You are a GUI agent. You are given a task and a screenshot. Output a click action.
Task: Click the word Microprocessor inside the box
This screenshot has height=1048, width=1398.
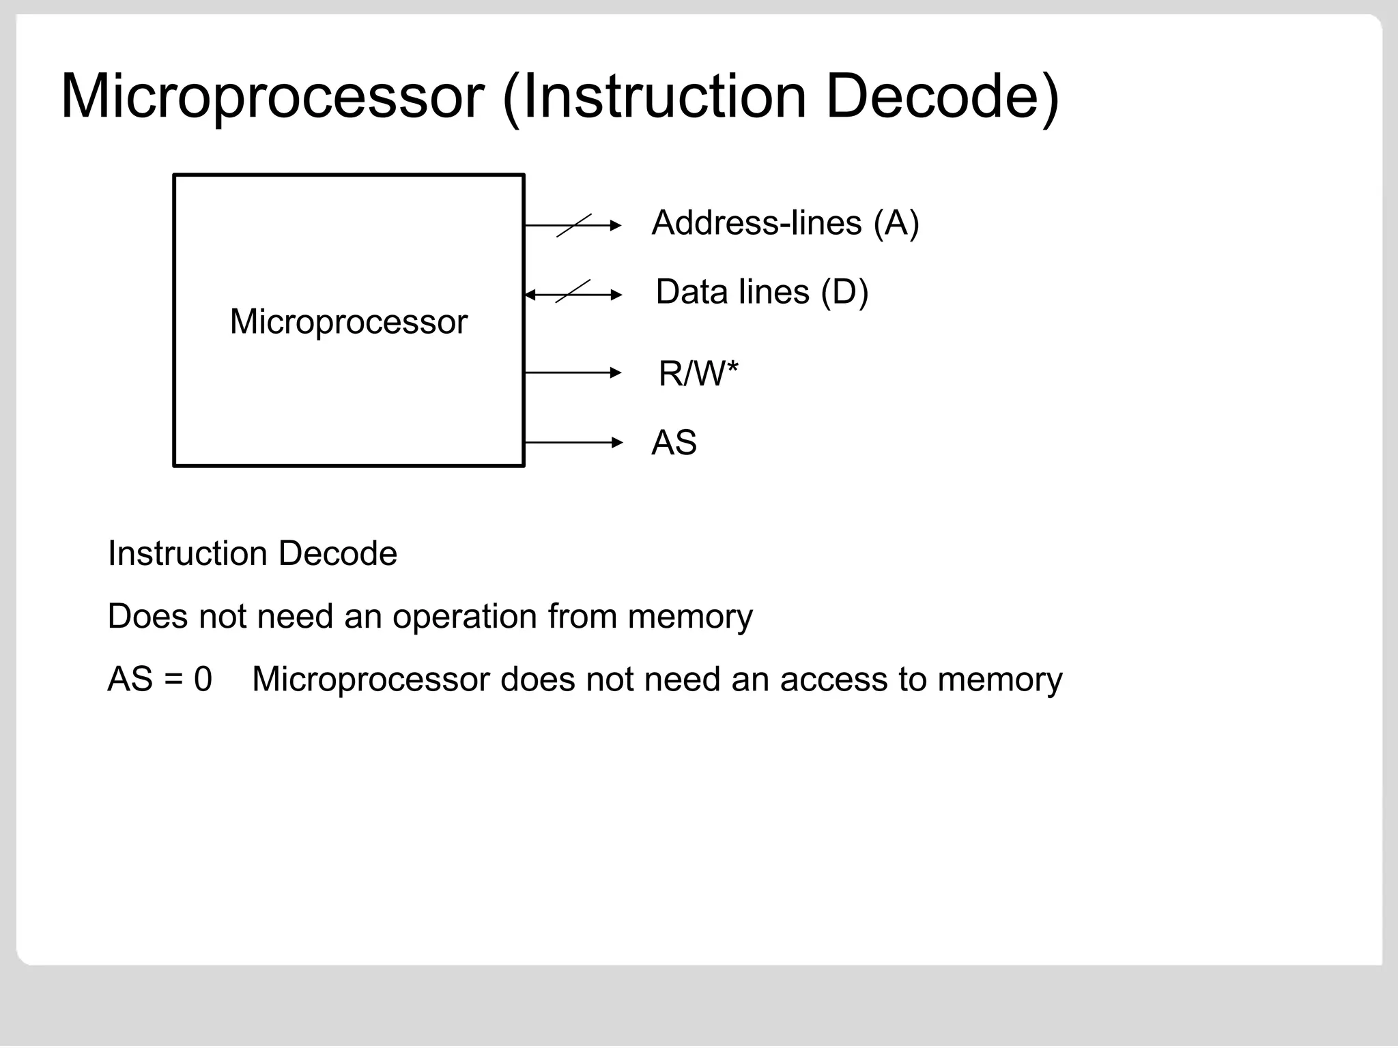click(349, 321)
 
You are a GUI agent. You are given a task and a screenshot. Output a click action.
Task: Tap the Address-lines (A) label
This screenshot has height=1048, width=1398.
click(785, 223)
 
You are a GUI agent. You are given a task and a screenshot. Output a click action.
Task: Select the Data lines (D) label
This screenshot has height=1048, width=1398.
click(762, 292)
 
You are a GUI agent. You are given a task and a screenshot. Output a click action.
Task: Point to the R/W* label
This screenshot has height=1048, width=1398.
click(698, 374)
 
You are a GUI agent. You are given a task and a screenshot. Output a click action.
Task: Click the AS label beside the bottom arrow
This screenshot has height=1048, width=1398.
click(674, 443)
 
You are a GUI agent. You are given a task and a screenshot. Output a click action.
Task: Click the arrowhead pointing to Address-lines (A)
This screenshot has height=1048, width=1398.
click(616, 225)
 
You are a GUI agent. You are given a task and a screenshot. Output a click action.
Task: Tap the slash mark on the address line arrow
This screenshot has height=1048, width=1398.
click(573, 225)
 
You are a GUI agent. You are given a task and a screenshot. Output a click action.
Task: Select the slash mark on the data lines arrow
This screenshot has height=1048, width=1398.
click(573, 292)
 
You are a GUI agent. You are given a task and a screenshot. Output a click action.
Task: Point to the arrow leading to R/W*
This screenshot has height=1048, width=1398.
click(573, 373)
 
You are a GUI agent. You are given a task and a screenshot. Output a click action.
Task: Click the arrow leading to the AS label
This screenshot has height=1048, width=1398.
click(573, 443)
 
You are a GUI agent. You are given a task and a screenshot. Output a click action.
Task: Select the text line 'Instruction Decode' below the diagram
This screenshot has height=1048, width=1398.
click(252, 553)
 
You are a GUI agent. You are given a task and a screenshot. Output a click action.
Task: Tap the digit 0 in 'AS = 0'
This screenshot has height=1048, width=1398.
click(203, 680)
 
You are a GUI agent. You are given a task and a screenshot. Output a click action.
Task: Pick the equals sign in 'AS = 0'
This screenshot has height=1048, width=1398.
click(173, 680)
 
